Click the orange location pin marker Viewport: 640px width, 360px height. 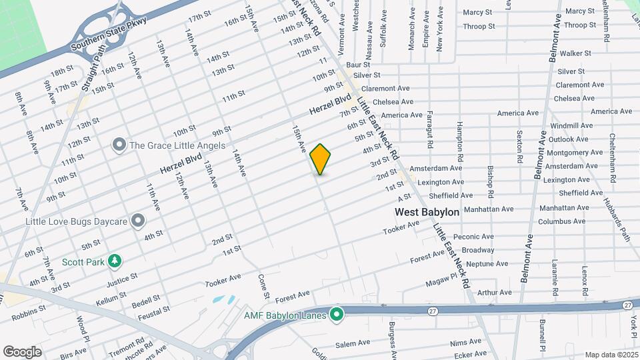click(x=321, y=159)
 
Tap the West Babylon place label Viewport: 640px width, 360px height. click(x=427, y=212)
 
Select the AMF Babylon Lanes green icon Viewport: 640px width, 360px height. click(x=337, y=313)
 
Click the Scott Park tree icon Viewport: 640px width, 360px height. click(x=115, y=261)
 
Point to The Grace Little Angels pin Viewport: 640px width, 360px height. click(x=119, y=145)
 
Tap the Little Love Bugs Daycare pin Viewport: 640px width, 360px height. click(x=138, y=220)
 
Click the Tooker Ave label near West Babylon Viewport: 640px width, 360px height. click(x=401, y=227)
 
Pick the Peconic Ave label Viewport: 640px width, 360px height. click(x=473, y=237)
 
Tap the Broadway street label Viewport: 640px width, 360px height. click(x=478, y=250)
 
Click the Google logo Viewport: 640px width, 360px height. click(x=22, y=351)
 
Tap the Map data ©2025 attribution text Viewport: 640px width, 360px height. click(x=611, y=355)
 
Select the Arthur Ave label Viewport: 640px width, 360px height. click(x=495, y=292)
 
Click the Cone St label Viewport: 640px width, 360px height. click(x=264, y=286)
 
